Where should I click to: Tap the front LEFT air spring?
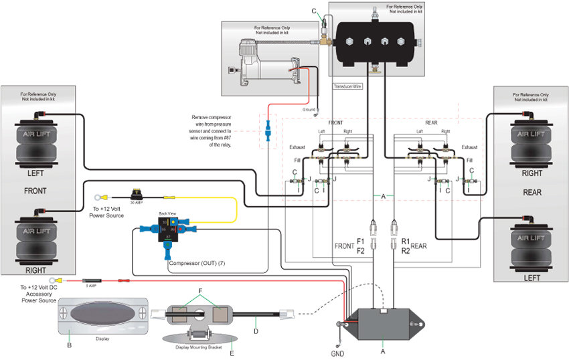pyautogui.click(x=41, y=141)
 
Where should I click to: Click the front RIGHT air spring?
pyautogui.click(x=41, y=238)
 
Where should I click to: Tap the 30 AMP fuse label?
pyautogui.click(x=137, y=202)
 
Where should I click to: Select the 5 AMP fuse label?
pyautogui.click(x=90, y=286)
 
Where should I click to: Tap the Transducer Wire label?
pyautogui.click(x=347, y=87)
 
